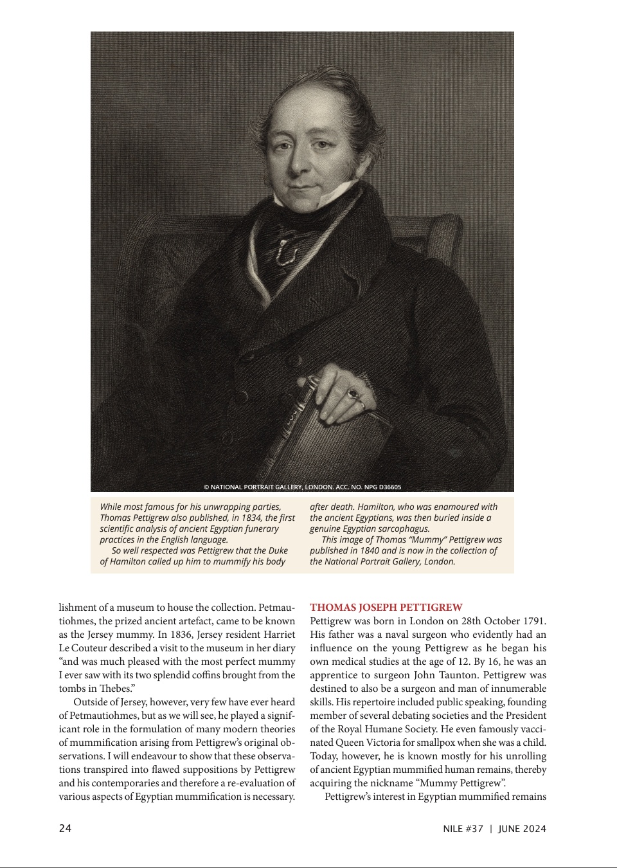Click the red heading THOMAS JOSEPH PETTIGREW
click(x=386, y=608)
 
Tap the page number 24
click(x=65, y=829)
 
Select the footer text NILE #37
click(x=463, y=829)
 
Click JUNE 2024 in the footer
click(x=521, y=829)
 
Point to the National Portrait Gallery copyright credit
click(x=302, y=487)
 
